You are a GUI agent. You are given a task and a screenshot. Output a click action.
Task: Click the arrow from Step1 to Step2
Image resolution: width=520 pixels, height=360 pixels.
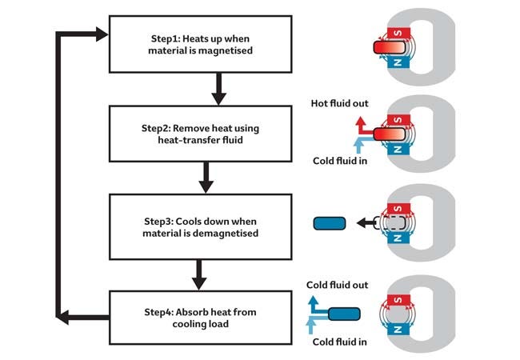216,88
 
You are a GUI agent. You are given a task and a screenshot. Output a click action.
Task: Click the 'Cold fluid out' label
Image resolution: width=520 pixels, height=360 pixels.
338,284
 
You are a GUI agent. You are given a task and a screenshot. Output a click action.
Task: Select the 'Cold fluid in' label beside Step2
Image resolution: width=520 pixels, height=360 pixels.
340,160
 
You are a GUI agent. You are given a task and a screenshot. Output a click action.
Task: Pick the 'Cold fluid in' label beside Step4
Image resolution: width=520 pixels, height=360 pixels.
340,342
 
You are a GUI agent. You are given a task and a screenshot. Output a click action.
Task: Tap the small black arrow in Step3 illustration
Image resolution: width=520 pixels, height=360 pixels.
365,223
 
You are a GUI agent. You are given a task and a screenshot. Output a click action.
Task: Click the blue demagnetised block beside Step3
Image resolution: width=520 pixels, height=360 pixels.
330,223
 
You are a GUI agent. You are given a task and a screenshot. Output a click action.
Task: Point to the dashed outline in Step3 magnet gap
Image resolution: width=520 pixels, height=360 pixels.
392,223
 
